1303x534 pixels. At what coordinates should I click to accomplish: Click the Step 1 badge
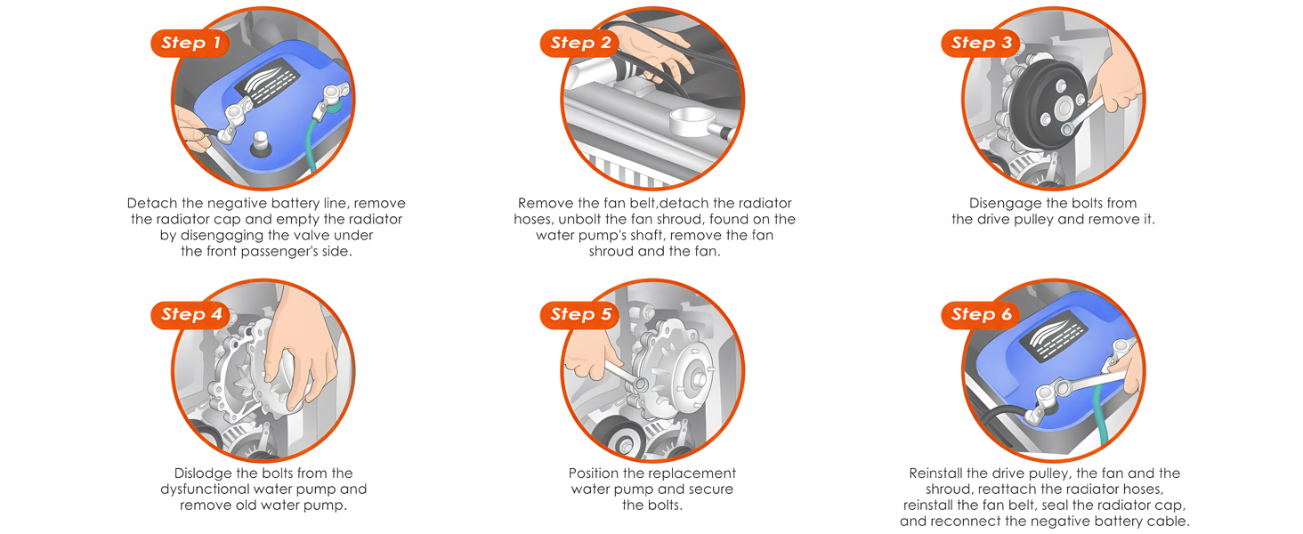pos(190,43)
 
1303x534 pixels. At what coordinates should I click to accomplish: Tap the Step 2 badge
pos(579,43)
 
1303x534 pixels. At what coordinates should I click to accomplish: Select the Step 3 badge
pos(981,43)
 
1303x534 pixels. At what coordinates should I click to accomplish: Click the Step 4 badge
pos(190,315)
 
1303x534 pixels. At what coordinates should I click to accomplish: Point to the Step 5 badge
pos(579,315)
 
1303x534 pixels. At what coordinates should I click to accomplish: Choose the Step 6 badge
pos(981,315)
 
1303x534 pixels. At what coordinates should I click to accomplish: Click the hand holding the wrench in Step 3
pos(1117,73)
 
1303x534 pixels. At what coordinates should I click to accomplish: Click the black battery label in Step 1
pos(267,82)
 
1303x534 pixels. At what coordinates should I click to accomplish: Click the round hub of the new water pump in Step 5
pos(692,378)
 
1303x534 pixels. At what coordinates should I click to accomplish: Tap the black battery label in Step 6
pos(1054,336)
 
